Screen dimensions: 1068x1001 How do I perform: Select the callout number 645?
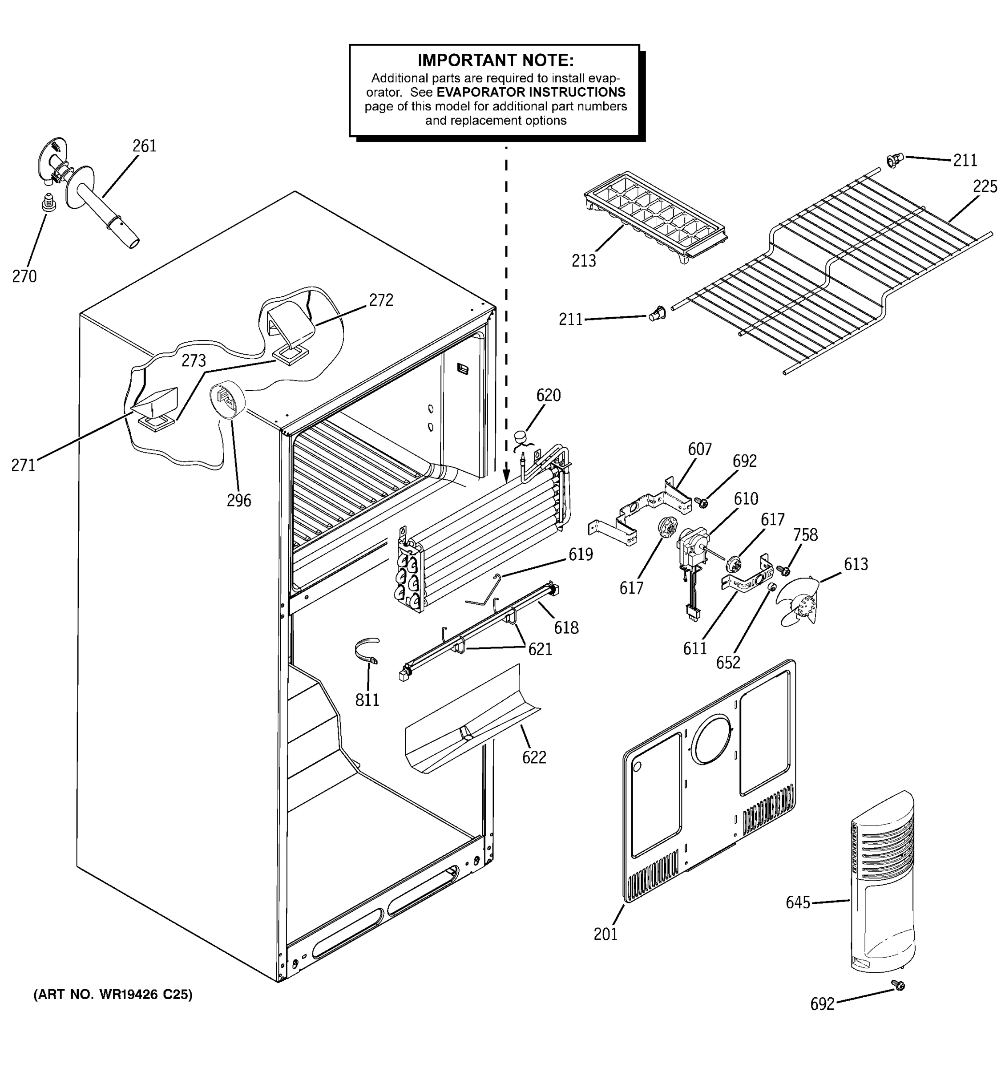click(798, 902)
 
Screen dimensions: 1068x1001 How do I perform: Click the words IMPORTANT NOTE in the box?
click(495, 60)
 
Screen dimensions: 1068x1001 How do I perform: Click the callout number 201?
click(605, 934)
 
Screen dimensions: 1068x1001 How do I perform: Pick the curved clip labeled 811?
click(367, 651)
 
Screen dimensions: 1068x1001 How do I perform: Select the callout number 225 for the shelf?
click(985, 186)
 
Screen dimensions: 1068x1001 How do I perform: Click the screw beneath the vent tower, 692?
click(897, 1000)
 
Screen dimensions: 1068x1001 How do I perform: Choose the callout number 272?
click(381, 300)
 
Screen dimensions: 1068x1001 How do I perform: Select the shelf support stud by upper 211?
click(893, 160)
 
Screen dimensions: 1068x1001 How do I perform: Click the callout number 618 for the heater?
click(566, 627)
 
